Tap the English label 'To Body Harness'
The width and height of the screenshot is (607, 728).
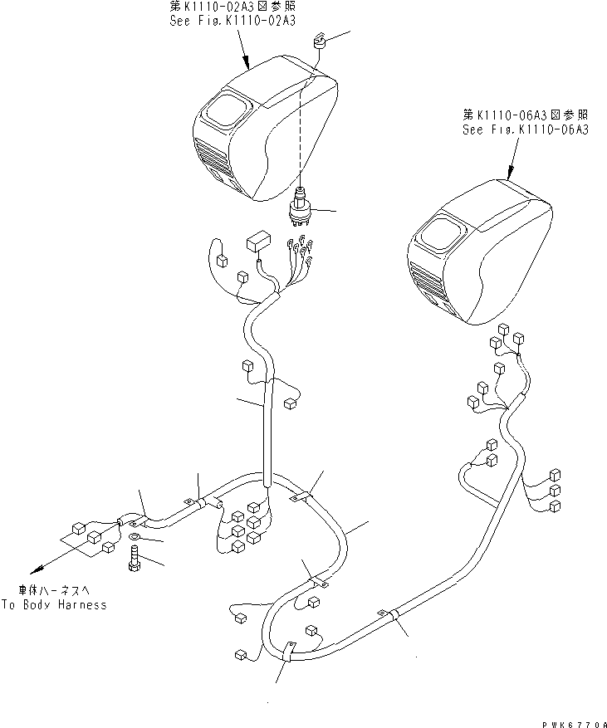pyautogui.click(x=54, y=604)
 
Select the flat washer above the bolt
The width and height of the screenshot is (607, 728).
pyautogui.click(x=135, y=540)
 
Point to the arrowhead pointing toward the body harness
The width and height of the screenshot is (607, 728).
pyautogui.click(x=33, y=572)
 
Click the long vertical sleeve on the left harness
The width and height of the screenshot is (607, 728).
pyautogui.click(x=268, y=432)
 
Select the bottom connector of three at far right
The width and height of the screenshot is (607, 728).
pyautogui.click(x=556, y=506)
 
